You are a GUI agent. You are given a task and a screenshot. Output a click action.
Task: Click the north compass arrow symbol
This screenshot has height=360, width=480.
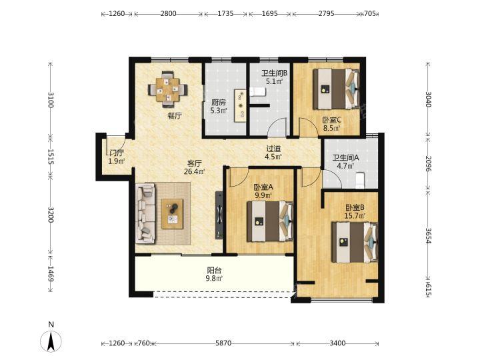(51, 341)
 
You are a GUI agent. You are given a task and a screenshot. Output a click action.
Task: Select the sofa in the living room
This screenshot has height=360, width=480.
(145, 213)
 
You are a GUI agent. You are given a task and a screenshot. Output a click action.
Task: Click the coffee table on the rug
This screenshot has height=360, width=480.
(173, 214)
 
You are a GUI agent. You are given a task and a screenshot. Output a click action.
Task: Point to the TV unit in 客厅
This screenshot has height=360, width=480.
(219, 215)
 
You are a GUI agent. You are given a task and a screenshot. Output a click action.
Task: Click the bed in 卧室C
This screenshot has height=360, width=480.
(336, 89)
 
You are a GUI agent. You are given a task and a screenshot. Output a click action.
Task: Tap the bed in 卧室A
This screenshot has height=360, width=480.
(270, 221)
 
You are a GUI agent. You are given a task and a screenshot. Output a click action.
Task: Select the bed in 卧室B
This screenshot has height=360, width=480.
(355, 242)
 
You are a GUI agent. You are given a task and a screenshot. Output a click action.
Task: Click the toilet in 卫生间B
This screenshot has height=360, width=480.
(257, 91)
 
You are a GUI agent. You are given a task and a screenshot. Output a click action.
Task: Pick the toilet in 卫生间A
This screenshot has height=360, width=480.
(359, 181)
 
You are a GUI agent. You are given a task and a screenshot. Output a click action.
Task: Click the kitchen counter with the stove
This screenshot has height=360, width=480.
(240, 105)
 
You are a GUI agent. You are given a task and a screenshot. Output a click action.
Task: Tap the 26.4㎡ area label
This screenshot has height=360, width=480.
(194, 171)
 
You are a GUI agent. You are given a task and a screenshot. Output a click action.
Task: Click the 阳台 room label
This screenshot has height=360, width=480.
(214, 270)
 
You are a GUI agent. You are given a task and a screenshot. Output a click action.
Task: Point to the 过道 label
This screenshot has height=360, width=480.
(273, 149)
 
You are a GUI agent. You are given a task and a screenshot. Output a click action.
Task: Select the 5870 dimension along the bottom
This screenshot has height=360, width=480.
(223, 343)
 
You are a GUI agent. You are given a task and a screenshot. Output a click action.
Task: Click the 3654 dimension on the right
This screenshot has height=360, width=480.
(428, 235)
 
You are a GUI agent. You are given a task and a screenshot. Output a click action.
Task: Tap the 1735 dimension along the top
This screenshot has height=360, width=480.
(225, 13)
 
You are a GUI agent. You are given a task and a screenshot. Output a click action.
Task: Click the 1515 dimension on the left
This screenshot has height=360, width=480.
(51, 157)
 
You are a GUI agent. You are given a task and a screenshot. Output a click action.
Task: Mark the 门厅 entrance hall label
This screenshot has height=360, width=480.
(117, 153)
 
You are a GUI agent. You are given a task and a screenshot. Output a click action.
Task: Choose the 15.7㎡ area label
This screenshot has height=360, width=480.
(355, 216)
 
